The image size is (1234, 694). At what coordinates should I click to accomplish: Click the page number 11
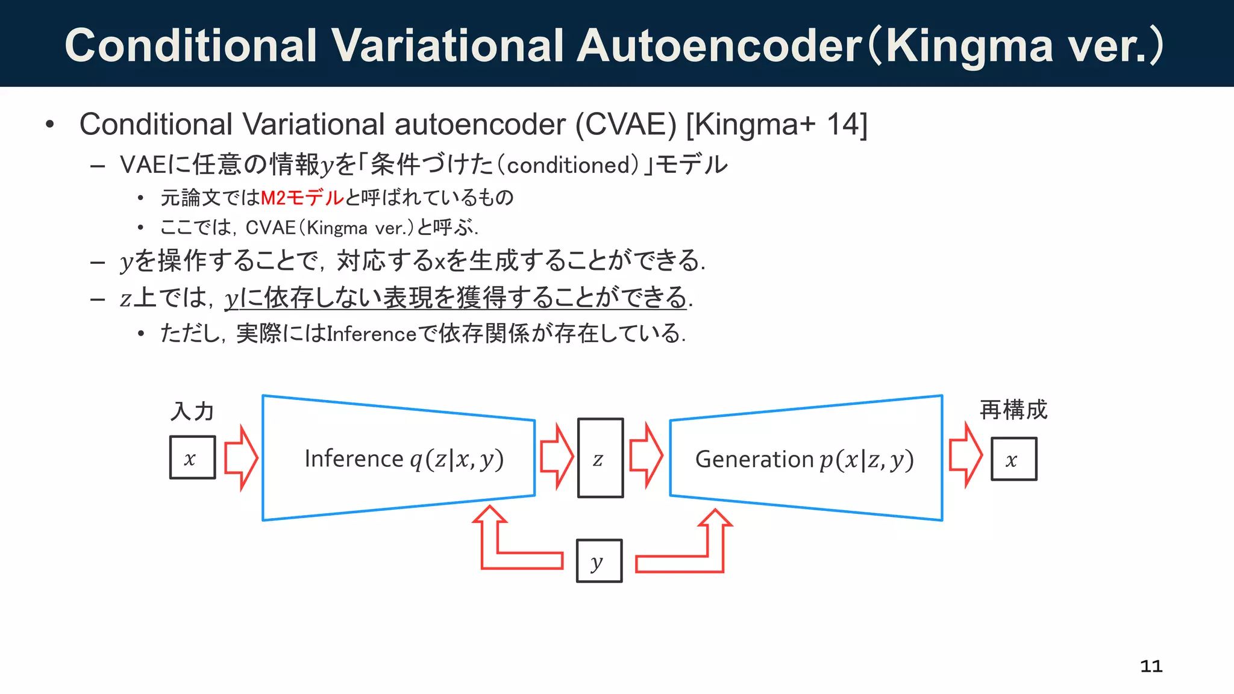[x=1151, y=666]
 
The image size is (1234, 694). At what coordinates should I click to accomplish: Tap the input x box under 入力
[x=192, y=458]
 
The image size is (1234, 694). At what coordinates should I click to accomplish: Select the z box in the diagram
[x=600, y=458]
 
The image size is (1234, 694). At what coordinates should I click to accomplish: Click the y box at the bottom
[x=599, y=561]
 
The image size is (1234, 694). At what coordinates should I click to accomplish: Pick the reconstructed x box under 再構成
[x=1014, y=459]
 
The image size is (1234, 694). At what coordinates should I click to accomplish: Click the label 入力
[x=192, y=411]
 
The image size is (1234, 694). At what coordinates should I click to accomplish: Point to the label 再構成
[x=1013, y=410]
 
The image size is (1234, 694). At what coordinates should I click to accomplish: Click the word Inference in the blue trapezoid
[x=353, y=459]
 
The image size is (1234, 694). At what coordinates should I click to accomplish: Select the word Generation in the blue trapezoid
[x=754, y=460]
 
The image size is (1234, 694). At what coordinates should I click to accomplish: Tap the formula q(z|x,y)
[x=457, y=460]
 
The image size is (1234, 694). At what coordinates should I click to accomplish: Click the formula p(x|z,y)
[x=866, y=460]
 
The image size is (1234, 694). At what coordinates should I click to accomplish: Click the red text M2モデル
[x=302, y=198]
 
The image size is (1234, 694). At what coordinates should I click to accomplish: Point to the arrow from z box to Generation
[x=646, y=455]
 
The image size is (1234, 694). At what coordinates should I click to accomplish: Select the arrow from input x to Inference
[x=241, y=458]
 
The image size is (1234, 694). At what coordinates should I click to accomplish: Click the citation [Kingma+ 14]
[x=777, y=125]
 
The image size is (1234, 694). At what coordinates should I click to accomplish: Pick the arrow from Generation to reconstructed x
[x=965, y=455]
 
